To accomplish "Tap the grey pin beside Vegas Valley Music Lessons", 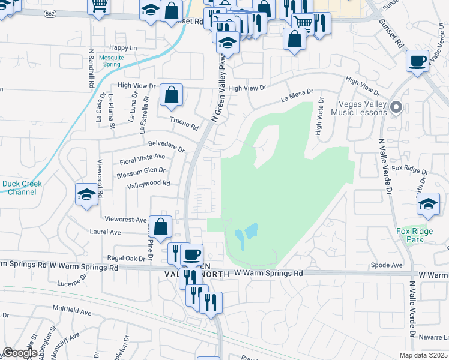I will click(396, 108).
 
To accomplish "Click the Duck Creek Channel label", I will click(19, 188).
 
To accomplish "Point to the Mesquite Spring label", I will click(112, 61).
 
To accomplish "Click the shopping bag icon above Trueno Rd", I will click(171, 94).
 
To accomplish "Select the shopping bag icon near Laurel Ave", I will click(160, 227).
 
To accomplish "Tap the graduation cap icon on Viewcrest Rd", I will click(87, 194).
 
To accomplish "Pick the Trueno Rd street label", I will click(184, 124).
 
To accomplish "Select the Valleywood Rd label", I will click(148, 184).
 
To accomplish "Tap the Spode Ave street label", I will click(387, 265).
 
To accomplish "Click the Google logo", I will click(20, 353).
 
